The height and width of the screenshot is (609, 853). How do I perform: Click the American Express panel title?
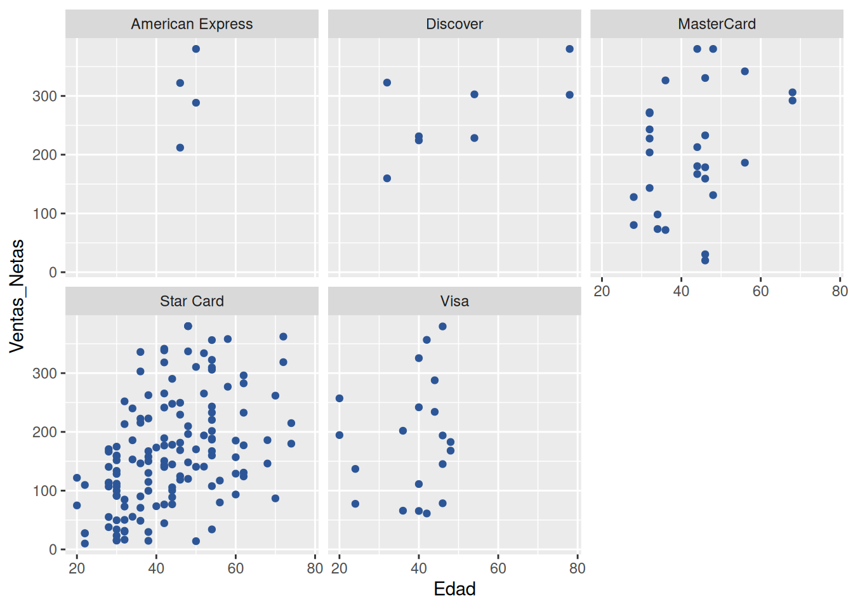tap(192, 24)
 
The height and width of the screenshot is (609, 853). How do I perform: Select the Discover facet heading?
tap(454, 24)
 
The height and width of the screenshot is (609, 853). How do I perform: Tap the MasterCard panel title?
tap(717, 24)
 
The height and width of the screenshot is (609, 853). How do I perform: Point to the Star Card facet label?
tap(192, 301)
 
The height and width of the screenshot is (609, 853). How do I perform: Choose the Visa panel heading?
tap(454, 301)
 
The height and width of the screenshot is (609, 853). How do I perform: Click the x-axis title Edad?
tap(454, 589)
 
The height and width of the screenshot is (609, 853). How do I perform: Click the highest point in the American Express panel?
tap(196, 49)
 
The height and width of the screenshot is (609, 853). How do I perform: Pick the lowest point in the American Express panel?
tap(180, 148)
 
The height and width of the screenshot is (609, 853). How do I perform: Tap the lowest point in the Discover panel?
tap(387, 178)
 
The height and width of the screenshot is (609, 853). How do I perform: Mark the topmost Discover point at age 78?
tap(570, 49)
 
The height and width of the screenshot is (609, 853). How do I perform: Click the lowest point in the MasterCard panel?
tap(705, 261)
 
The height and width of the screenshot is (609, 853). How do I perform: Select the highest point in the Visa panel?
tap(442, 327)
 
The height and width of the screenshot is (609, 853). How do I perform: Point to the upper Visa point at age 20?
tap(340, 398)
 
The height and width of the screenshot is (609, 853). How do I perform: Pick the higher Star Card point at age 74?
tap(291, 423)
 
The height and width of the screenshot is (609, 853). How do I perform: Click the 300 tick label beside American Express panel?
tap(44, 96)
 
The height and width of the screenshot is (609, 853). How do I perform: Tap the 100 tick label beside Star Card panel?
tap(44, 491)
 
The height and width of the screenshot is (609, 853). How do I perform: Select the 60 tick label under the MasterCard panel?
tap(760, 291)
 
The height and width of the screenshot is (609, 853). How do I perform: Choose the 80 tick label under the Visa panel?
tap(578, 568)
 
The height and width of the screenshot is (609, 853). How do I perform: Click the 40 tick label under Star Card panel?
tap(156, 568)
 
